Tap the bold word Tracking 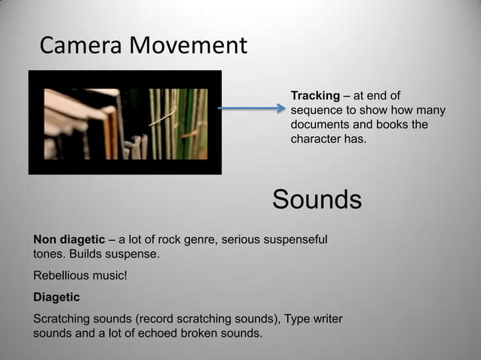coord(315,96)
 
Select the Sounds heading coord(317,200)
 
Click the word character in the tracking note coord(314,139)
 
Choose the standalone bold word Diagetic coord(56,297)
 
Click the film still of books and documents coord(125,122)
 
